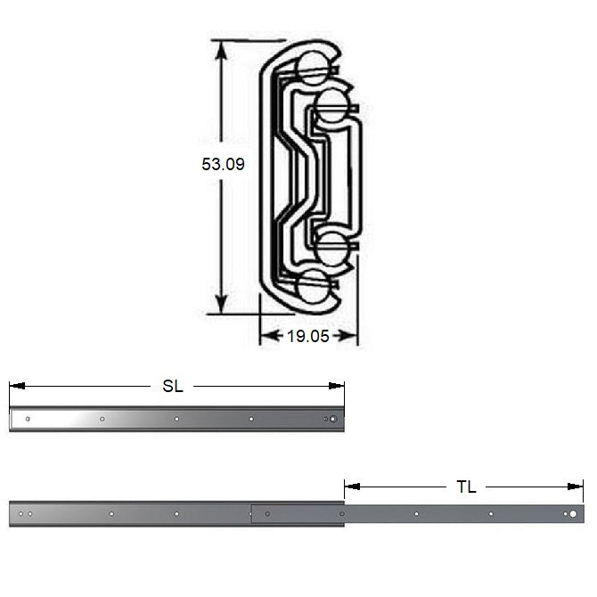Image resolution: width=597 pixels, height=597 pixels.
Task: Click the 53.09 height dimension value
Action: (x=223, y=164)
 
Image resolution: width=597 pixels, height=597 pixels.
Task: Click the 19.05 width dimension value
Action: (x=307, y=336)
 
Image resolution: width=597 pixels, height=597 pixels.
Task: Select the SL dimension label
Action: (x=173, y=386)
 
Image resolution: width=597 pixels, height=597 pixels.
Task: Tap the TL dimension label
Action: (x=466, y=487)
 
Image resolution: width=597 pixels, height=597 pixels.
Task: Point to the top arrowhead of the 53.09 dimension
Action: (x=221, y=50)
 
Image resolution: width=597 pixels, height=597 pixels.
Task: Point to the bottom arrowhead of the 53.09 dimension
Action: (x=221, y=305)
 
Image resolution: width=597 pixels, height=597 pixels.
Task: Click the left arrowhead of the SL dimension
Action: (x=17, y=386)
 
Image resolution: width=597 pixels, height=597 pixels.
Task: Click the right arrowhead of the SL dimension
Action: (x=336, y=386)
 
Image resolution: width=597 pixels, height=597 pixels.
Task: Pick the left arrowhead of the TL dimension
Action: (x=352, y=487)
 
